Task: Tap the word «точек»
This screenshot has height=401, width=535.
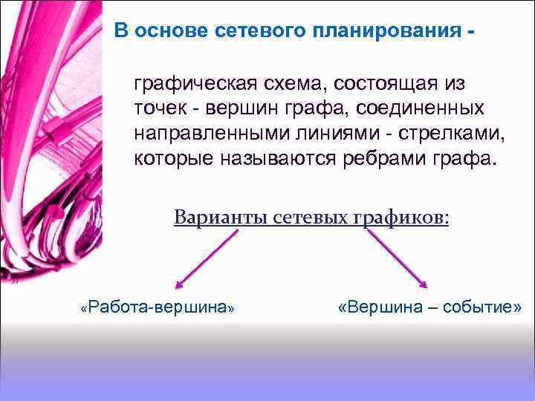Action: pos(160,108)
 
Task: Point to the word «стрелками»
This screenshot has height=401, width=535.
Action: pos(439,134)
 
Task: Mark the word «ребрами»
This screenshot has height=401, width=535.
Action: pos(389,159)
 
